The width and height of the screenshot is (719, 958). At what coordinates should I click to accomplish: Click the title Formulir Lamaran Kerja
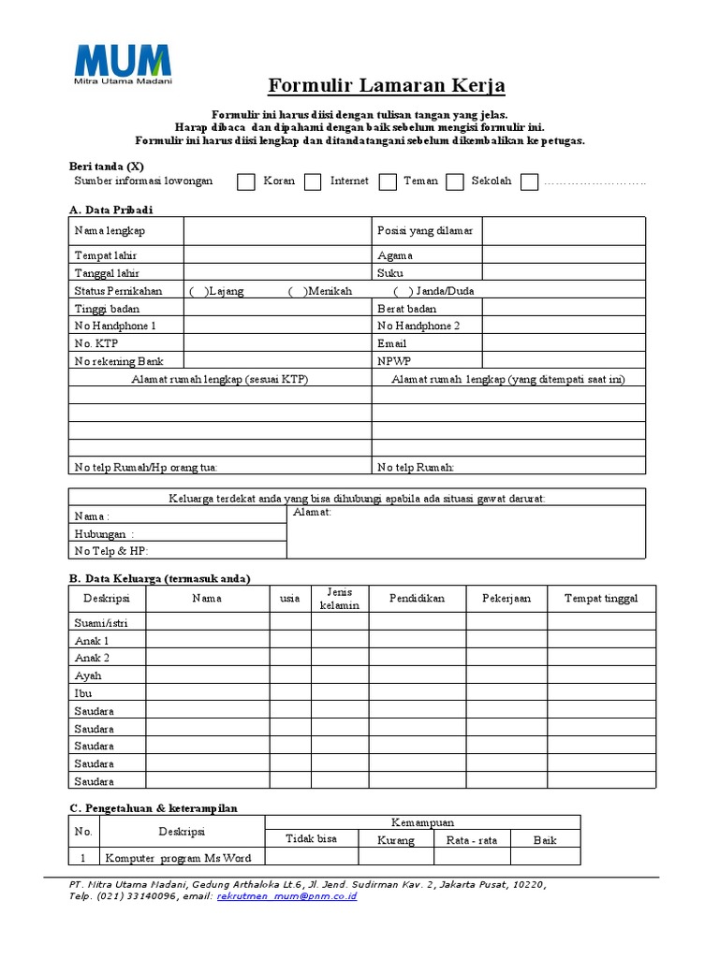pos(387,86)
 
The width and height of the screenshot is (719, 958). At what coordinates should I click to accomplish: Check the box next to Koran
pos(246,181)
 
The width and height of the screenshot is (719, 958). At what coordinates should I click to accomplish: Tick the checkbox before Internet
pos(313,181)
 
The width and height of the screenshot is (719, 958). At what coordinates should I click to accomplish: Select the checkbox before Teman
pos(388,181)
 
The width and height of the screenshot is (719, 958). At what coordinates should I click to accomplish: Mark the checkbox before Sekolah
pos(455,181)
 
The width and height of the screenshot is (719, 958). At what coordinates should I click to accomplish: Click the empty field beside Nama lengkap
pos(277,230)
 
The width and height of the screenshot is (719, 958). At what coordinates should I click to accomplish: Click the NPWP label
pos(394,360)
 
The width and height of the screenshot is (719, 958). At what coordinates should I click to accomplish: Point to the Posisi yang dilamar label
pos(425,230)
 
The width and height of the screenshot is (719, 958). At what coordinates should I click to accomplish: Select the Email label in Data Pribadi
pos(391,343)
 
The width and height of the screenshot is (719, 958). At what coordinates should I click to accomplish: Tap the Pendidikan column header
pos(417,598)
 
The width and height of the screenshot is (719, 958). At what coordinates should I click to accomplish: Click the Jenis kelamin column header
pos(339,598)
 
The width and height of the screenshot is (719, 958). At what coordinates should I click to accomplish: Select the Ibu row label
pos(82,693)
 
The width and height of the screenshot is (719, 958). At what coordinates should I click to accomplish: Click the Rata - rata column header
pos(472,840)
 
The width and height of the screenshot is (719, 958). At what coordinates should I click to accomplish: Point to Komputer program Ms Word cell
pos(178,857)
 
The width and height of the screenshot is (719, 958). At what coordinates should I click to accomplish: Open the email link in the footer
pos(286,895)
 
